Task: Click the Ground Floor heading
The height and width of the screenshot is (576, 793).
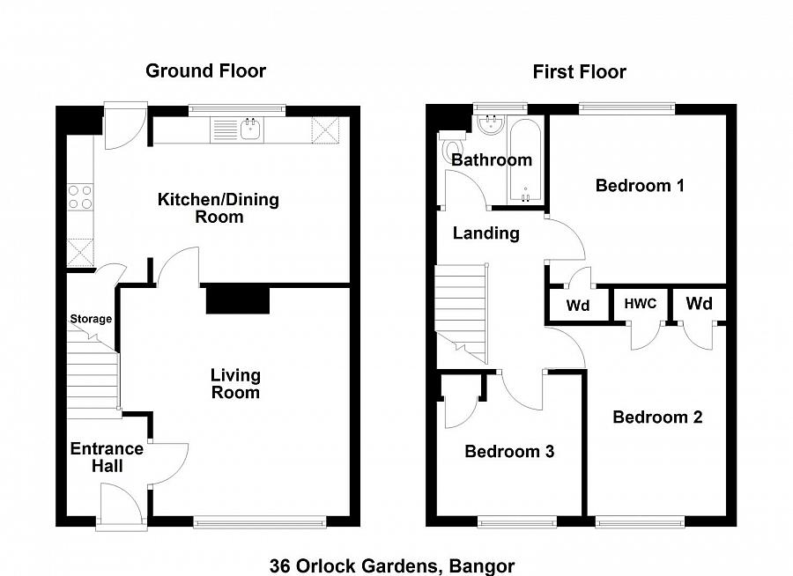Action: [205, 71]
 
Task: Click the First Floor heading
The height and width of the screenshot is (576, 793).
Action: [579, 72]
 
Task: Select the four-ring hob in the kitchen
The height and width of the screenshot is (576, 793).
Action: [80, 196]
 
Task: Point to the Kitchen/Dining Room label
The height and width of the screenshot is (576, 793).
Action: [218, 208]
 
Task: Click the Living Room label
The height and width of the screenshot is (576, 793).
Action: [235, 384]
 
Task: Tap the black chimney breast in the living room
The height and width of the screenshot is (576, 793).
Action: [237, 299]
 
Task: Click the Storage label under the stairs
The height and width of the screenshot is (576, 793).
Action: [91, 319]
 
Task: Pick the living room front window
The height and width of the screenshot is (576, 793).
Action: [259, 522]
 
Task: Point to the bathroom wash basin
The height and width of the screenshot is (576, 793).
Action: [486, 124]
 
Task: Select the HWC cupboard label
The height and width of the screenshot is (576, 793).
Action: [641, 304]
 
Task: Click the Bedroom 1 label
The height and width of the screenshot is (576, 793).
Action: [640, 186]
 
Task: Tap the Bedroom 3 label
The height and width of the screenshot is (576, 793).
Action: [509, 452]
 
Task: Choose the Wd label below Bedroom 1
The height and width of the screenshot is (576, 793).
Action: [578, 306]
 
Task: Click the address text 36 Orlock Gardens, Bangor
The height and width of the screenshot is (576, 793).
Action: [392, 565]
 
